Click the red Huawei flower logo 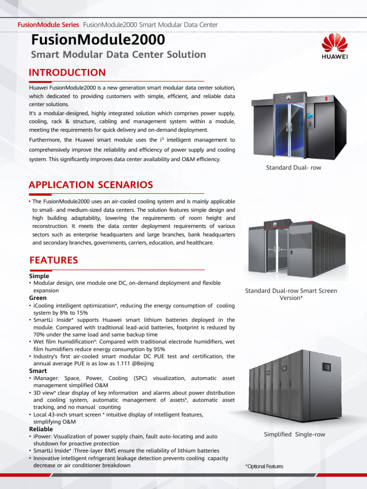pos(334,43)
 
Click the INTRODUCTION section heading pos(67,73)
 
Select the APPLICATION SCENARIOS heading pos(91,185)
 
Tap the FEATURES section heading pos(54,260)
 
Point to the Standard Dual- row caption pos(293,168)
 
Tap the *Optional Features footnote pos(264,467)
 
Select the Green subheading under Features pos(38,298)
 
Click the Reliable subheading pos(41,429)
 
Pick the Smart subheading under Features pos(38,371)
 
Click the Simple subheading pos(39,276)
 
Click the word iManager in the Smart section pos(46,378)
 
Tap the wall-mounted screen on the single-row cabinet pos(326,367)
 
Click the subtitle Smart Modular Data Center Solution pos(119,54)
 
